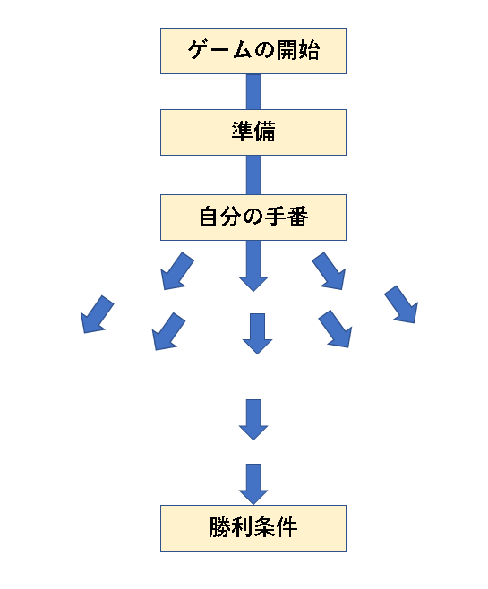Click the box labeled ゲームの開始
pos(253,51)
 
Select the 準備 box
pos(253,132)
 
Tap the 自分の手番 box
pos(253,218)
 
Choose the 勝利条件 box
pos(253,528)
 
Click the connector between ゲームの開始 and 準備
pos(253,91)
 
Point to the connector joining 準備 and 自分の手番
pos(253,175)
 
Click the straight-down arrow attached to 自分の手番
pos(253,266)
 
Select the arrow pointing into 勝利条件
pos(253,484)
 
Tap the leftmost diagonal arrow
pos(98,314)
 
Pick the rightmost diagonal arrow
pos(401,304)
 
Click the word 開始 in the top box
pos(298,50)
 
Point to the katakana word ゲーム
pos(219,50)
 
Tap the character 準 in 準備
pos(243,132)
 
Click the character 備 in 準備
pos(264,132)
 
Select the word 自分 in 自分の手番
pos(220,217)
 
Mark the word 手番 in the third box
pos(287,217)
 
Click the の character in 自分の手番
pos(253,218)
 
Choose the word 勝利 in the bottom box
pos(231,527)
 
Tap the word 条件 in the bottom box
pos(276,527)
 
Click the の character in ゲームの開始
pos(264,50)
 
